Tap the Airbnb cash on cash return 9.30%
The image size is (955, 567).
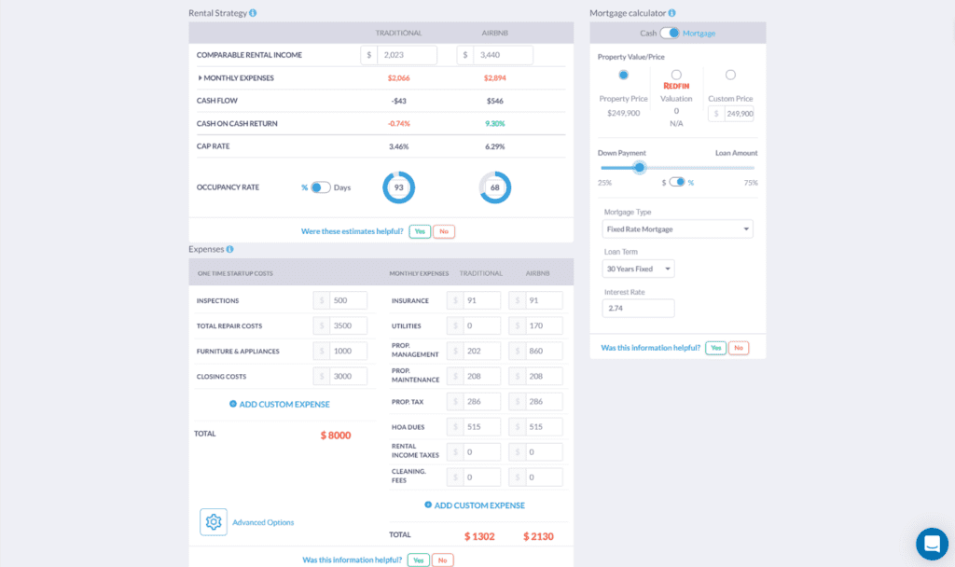tap(495, 123)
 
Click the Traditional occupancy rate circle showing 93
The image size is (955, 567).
tap(398, 187)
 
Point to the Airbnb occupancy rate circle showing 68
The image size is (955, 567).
tap(494, 187)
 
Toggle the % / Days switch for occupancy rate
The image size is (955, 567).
tap(320, 187)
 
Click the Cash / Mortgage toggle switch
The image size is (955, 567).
tap(669, 33)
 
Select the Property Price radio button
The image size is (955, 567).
tap(624, 75)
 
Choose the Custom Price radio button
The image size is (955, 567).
tap(730, 75)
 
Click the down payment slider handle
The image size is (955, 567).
tap(639, 168)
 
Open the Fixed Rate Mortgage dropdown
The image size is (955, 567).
tap(678, 228)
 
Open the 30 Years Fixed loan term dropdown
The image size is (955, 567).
tap(639, 269)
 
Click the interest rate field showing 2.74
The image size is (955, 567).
tap(639, 308)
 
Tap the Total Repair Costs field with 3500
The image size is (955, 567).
tap(348, 325)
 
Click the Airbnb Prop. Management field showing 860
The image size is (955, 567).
tap(543, 351)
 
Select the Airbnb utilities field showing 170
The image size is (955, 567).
tap(543, 325)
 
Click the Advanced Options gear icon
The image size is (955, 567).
tap(214, 522)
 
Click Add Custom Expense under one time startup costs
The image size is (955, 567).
tap(280, 404)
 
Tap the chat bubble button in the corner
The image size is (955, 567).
tap(932, 544)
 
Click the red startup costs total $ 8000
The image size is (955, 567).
tap(336, 436)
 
